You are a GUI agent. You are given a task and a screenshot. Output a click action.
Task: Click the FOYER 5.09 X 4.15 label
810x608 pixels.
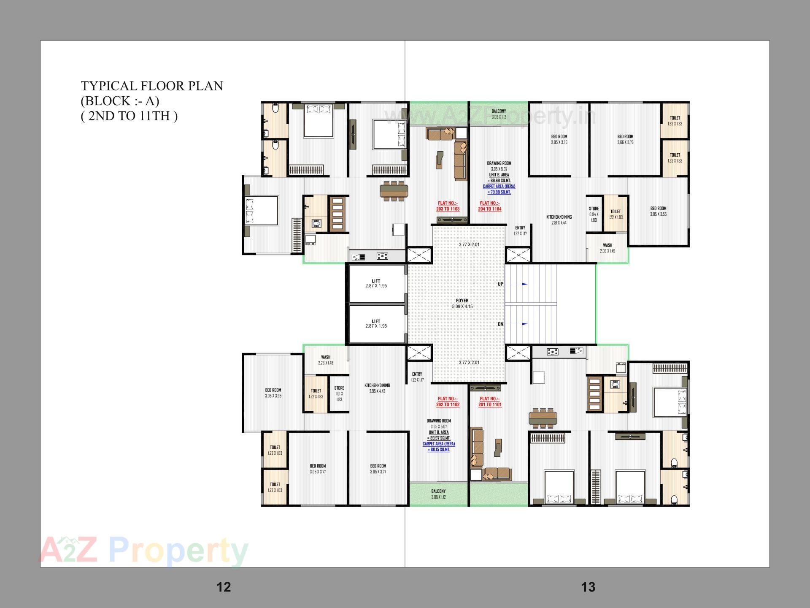tap(462, 304)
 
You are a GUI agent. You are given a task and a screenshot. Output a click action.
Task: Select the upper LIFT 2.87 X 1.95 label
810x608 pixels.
tap(376, 283)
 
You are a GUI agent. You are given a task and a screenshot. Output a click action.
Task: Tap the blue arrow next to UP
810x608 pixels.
tap(524, 284)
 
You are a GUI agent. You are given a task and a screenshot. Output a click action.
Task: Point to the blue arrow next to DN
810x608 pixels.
tap(524, 324)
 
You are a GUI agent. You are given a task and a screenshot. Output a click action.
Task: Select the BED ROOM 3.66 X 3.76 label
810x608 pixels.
tap(625, 139)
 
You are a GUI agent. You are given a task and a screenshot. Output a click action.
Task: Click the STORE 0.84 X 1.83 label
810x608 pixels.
tap(594, 214)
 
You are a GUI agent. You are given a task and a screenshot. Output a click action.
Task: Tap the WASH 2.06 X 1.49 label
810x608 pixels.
tap(607, 248)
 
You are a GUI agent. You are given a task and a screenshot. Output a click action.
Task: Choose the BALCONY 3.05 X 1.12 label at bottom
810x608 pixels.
tap(438, 494)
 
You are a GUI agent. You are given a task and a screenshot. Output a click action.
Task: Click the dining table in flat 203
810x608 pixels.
tap(394, 191)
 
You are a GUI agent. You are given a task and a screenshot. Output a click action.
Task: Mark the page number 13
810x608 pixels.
tap(588, 587)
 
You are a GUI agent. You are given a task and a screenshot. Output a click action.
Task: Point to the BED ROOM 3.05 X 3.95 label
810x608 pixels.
tap(273, 393)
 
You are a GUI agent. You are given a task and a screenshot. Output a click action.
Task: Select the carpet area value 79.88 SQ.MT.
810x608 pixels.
tap(499, 192)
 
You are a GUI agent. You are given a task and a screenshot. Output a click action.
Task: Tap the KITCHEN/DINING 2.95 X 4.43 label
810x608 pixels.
tap(377, 388)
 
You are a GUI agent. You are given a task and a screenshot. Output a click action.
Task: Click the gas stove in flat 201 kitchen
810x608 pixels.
tap(552, 351)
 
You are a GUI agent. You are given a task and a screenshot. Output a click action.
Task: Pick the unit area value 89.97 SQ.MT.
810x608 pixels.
tap(439, 438)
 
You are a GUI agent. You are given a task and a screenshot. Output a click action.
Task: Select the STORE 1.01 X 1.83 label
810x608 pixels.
tap(339, 393)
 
